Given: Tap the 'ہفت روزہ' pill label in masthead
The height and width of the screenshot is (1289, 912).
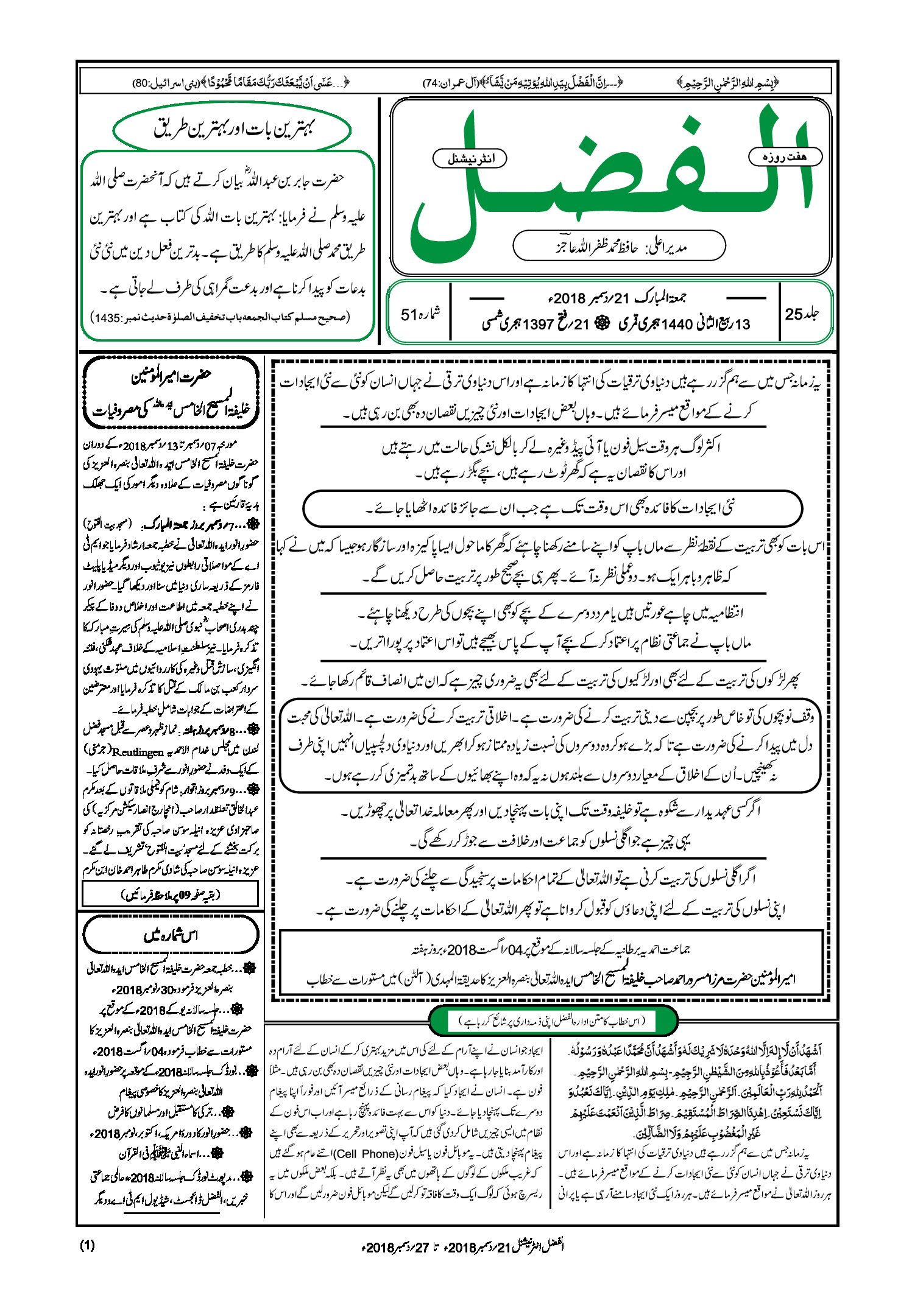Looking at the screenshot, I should point(785,157).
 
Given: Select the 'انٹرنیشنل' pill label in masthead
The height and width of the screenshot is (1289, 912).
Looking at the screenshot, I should point(470,158).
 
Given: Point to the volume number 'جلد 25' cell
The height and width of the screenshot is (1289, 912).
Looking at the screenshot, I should point(802,314).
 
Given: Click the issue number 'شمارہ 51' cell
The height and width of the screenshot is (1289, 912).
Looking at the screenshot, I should point(420,314).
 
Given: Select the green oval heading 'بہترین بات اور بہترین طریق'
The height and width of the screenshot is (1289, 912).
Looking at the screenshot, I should point(233,129).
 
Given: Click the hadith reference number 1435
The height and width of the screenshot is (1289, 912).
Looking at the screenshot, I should point(105,317).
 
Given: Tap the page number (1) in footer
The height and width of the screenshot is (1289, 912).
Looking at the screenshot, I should point(87,1245).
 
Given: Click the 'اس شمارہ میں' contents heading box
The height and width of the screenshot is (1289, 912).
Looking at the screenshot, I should point(170,934).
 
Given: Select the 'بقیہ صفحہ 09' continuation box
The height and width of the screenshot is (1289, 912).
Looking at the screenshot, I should point(170,894).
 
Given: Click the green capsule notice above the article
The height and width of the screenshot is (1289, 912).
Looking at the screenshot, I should point(553,1020).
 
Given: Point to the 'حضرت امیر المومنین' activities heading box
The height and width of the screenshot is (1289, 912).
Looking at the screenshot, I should point(171,393).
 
